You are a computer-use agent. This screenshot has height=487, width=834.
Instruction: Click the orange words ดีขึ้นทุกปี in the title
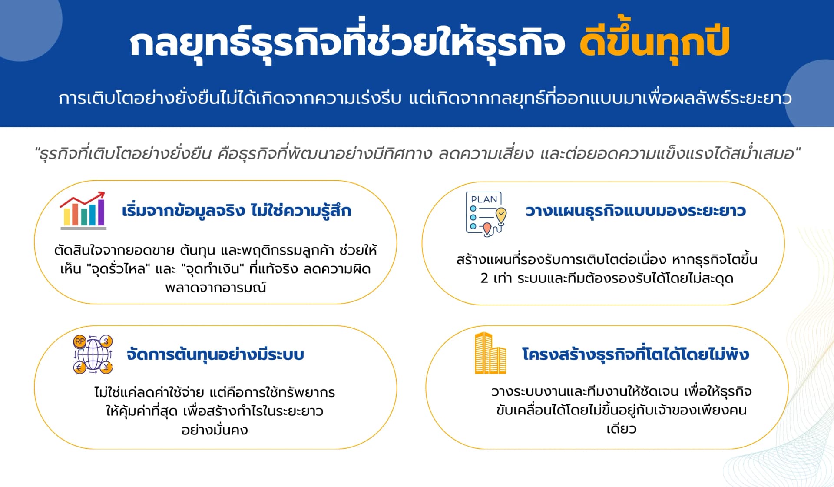(654, 42)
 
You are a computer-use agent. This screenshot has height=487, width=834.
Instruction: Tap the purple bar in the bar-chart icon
(101, 212)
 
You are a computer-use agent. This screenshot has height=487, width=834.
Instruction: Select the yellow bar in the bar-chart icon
(67, 216)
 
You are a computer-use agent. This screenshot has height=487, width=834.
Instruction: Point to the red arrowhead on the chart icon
(101, 194)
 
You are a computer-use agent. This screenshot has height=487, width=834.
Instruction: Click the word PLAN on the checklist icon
(484, 199)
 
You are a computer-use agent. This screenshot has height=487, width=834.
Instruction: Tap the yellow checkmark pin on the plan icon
(501, 214)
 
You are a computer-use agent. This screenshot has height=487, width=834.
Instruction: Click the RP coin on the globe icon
(80, 341)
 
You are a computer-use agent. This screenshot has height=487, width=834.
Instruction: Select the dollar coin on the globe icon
(106, 341)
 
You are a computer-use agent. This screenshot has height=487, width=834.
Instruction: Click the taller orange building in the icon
(483, 353)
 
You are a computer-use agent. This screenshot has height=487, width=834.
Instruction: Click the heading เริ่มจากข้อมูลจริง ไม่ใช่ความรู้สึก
(236, 211)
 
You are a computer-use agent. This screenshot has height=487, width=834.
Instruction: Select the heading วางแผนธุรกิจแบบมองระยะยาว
(635, 211)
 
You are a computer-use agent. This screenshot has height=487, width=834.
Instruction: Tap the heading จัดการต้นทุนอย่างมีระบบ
(215, 354)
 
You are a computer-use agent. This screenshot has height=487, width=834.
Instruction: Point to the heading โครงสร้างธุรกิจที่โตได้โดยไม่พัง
(635, 354)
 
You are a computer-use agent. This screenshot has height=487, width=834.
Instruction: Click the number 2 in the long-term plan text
(484, 278)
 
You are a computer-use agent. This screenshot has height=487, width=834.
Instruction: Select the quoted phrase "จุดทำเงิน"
(212, 269)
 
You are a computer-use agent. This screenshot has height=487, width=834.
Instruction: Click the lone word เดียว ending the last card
(621, 429)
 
